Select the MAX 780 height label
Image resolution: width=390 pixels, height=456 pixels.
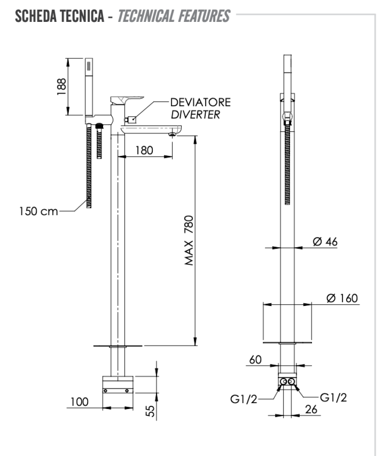click(x=189, y=240)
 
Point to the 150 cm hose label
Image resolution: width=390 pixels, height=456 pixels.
click(x=38, y=212)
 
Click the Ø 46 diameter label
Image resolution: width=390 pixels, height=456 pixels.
click(x=326, y=242)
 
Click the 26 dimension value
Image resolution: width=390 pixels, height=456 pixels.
click(x=312, y=409)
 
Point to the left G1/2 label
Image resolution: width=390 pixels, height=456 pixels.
click(x=243, y=399)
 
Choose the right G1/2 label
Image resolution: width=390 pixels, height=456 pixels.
click(x=333, y=397)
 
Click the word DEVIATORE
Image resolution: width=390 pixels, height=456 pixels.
click(x=200, y=102)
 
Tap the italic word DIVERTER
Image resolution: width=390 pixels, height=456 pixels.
click(x=195, y=114)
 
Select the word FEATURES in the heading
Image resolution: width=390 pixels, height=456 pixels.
click(x=204, y=16)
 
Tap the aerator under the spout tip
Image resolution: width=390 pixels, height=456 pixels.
click(x=172, y=134)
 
